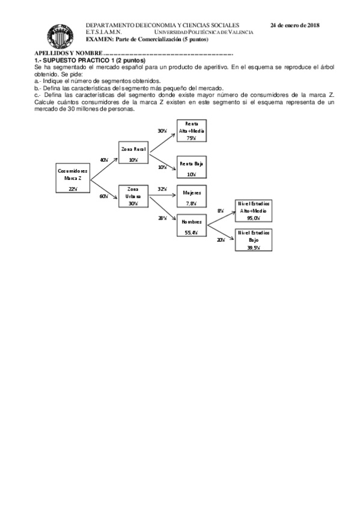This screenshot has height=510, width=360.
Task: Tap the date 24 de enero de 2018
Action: tap(294, 25)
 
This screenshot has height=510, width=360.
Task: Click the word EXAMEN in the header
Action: tap(98, 39)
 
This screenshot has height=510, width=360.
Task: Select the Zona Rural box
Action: tap(133, 153)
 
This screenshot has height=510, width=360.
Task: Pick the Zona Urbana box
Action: tap(133, 195)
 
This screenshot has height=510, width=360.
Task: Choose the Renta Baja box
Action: tap(192, 168)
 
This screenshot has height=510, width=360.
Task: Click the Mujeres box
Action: tap(192, 197)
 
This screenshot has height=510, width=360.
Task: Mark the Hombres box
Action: tap(192, 226)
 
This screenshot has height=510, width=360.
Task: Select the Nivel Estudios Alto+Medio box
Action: tap(254, 211)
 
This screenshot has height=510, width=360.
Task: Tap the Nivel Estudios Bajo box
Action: tap(254, 239)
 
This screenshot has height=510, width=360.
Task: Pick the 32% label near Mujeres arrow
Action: tap(162, 189)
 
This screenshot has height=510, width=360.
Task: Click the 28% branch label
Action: tap(162, 218)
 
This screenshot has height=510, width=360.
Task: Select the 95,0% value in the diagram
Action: tap(254, 218)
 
